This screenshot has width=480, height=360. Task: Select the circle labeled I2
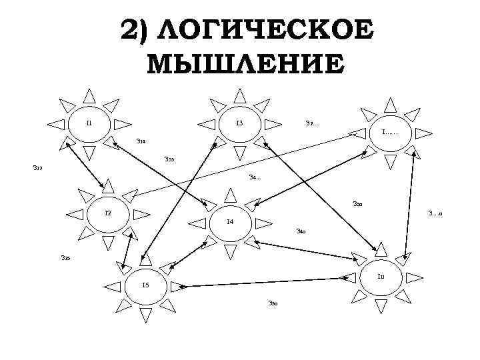[108, 213]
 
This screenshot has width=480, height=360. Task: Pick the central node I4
[229, 222]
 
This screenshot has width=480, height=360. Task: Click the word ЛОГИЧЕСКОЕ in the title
[267, 31]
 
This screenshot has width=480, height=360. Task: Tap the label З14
[141, 141]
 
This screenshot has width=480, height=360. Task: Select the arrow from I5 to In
[267, 281]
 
